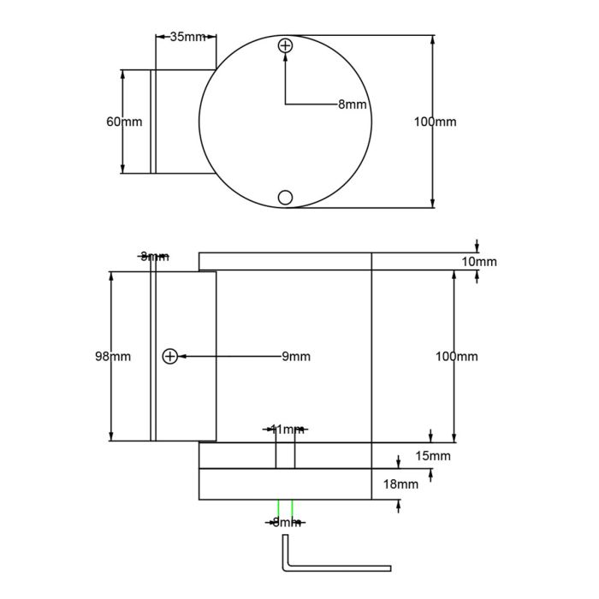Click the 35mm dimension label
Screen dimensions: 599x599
tap(187, 37)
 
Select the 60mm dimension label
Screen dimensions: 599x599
tap(124, 122)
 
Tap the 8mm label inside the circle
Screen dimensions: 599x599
tap(352, 104)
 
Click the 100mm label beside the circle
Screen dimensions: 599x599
tap(435, 122)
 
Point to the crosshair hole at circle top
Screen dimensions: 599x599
tap(286, 46)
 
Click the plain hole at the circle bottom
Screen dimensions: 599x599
tap(286, 198)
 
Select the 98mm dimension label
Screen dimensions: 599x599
tap(113, 356)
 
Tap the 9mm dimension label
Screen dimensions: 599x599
tap(296, 356)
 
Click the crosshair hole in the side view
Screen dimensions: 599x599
tap(169, 356)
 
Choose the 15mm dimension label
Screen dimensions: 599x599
tap(432, 456)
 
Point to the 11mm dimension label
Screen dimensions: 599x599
tap(286, 429)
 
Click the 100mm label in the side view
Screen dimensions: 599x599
tap(456, 356)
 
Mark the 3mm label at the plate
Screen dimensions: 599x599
tap(155, 256)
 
